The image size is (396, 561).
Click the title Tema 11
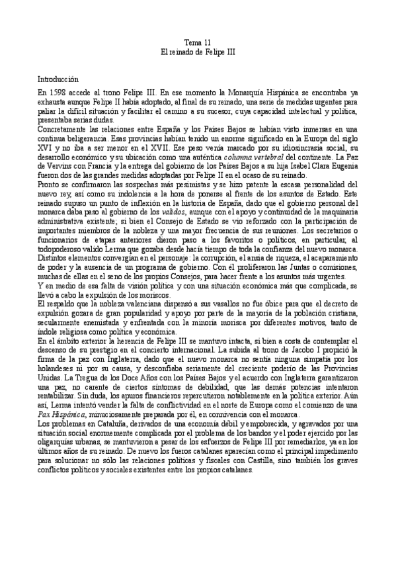(x=198, y=41)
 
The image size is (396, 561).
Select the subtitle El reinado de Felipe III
(x=198, y=50)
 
